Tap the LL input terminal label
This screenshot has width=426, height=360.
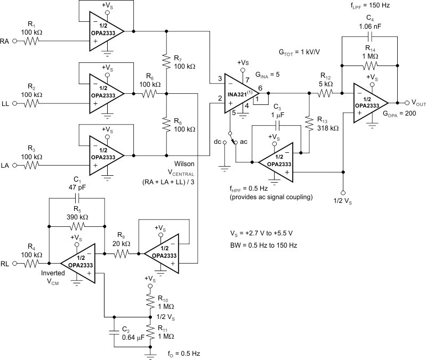(6, 103)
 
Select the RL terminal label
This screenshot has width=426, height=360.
(6, 263)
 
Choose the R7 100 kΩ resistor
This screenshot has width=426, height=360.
(167, 62)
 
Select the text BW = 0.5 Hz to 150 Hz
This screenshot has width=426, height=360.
(263, 246)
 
